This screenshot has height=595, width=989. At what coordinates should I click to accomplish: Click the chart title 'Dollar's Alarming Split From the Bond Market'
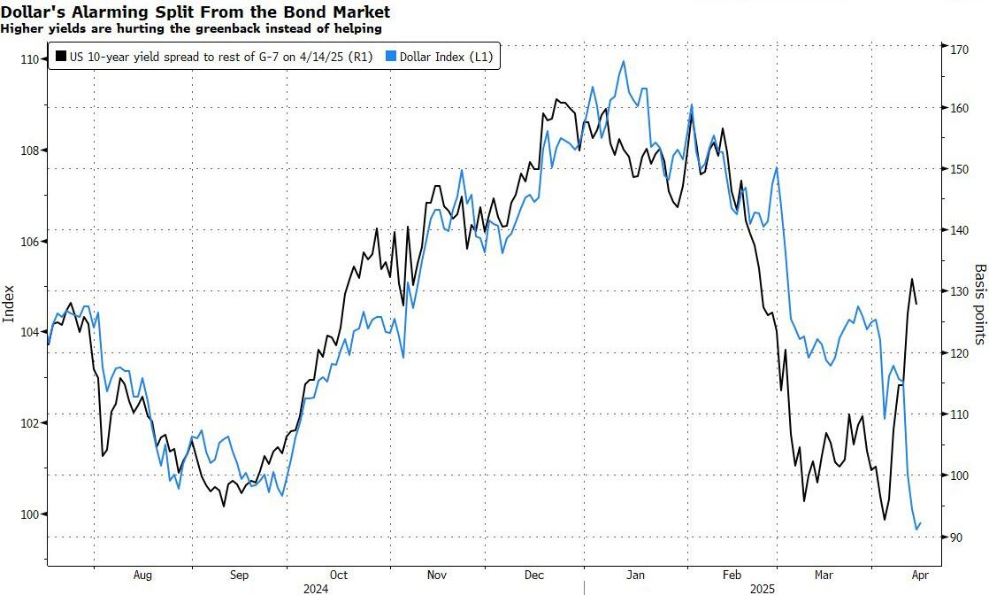coord(195,13)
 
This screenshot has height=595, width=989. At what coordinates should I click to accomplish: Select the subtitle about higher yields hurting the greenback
coord(191,28)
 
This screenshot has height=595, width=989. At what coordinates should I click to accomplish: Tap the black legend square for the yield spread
coord(60,57)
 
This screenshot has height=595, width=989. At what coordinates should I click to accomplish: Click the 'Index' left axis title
coord(10,304)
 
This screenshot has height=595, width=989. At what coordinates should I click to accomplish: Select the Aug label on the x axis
coord(142,576)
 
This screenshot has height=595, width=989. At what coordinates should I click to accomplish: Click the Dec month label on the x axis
coord(534,576)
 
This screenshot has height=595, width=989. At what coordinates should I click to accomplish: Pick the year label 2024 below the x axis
coord(316,588)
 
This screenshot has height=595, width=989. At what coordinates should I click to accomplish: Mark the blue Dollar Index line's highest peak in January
coord(624,61)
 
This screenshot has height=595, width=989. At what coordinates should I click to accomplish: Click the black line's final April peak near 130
coord(911,280)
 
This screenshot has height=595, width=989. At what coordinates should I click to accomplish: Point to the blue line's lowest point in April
coord(916,529)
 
